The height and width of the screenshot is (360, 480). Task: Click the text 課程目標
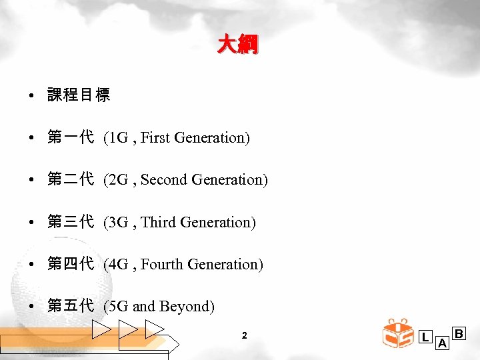coord(79,95)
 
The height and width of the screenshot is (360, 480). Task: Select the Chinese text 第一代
coord(71,137)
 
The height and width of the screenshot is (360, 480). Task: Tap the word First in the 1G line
coord(155,138)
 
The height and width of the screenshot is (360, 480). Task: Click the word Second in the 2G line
coord(164,180)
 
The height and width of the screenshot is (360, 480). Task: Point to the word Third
coord(158,222)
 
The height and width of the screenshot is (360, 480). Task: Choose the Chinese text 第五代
coord(71,307)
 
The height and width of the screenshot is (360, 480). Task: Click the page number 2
coord(245,335)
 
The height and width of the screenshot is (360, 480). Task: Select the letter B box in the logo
coord(459,332)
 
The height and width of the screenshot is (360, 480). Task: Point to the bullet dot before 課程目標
coord(32,96)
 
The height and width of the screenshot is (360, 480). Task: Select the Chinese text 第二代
coord(71,180)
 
